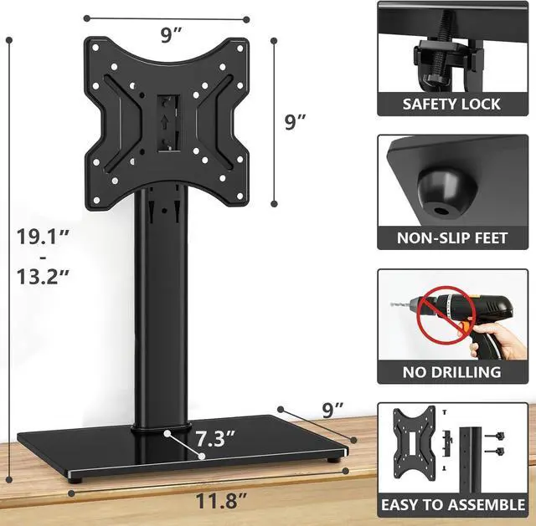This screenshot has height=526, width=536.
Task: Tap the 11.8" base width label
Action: pos(222,503)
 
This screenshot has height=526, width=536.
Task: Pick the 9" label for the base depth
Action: pos(332,409)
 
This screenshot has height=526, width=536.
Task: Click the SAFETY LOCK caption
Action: pos(451,104)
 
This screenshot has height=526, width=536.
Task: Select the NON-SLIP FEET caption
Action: pos(452,238)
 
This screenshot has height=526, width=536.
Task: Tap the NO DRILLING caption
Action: pos(452,371)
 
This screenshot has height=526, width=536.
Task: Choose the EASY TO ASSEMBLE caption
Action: pos(452,505)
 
